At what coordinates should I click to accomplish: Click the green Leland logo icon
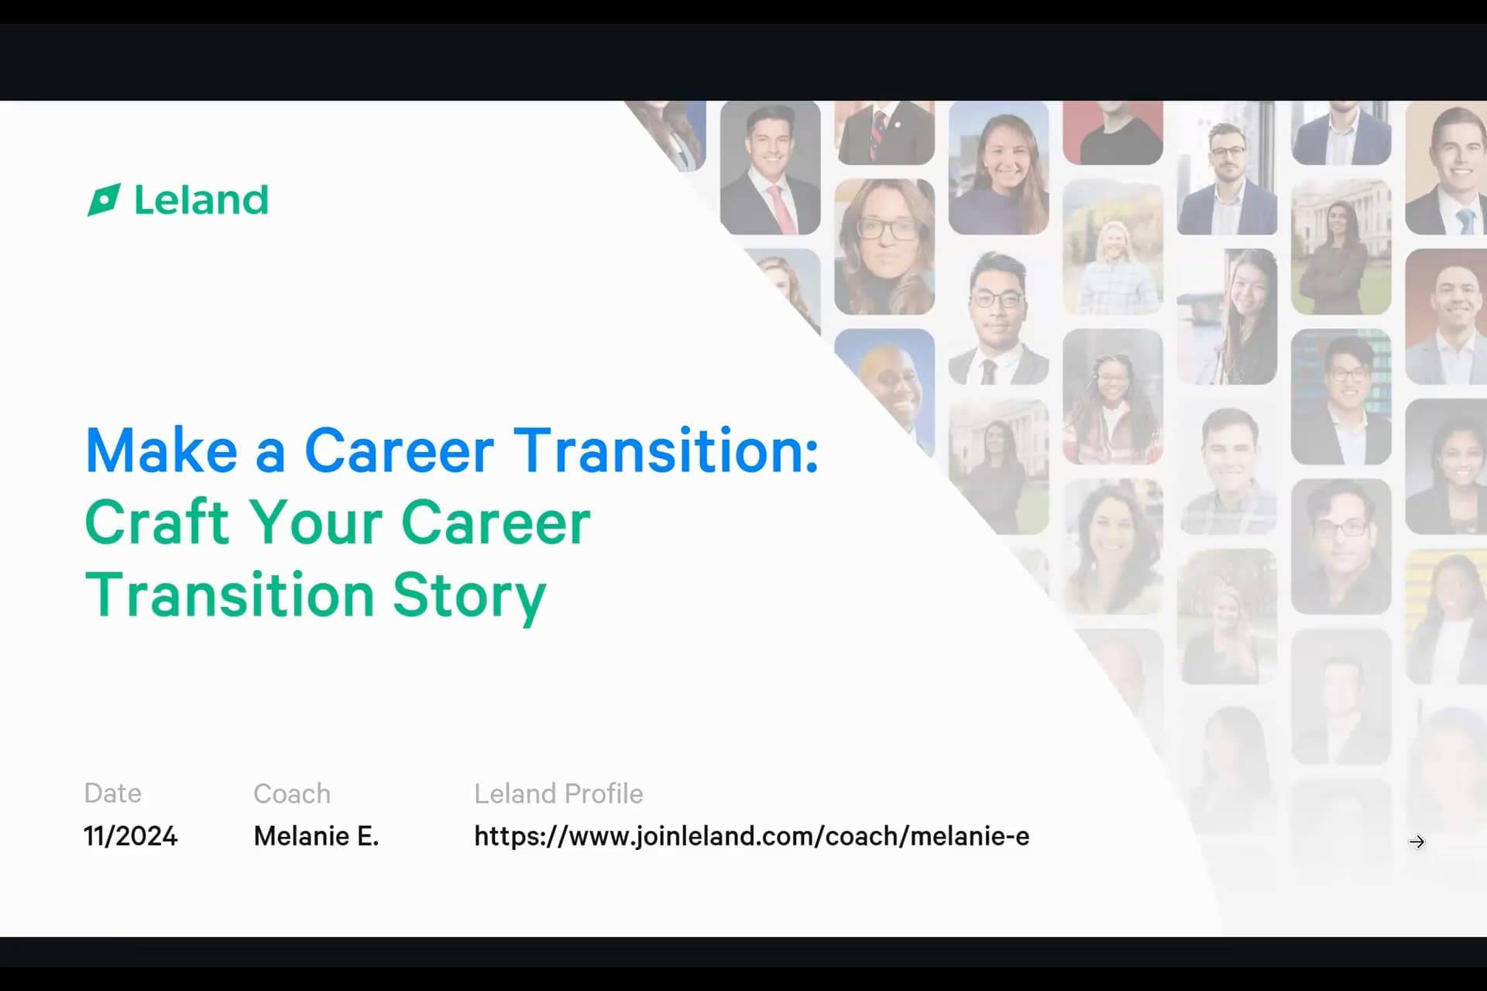point(104,200)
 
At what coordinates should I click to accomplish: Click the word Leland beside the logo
point(201,200)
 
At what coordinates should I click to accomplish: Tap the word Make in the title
point(161,450)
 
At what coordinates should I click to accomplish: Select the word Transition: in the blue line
point(666,450)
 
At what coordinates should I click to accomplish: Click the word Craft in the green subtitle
point(158,523)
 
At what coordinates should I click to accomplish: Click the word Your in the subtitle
point(315,523)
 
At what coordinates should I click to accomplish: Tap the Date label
point(113,794)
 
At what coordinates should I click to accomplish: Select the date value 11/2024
point(131,836)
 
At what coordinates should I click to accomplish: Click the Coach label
point(292,794)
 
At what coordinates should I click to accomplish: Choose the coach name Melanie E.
point(316,836)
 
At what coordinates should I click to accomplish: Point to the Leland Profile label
point(558,794)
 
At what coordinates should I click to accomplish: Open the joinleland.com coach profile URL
point(752,836)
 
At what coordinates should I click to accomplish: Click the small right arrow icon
point(1417,842)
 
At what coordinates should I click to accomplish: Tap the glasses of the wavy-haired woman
point(884,229)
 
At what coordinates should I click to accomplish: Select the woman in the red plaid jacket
point(1113,396)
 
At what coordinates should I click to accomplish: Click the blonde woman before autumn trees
point(1113,247)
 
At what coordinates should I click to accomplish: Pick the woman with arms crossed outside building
point(1341,247)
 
